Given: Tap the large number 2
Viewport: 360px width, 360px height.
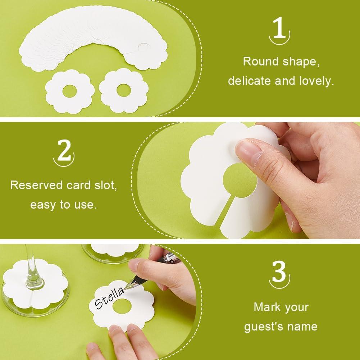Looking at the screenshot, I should click(x=64, y=152).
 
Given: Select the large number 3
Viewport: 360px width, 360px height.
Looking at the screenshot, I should click(x=279, y=273).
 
